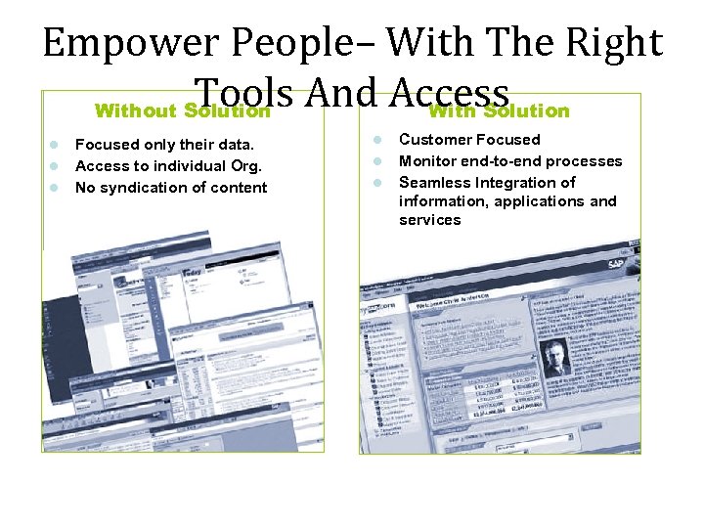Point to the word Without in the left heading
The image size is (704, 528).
click(x=136, y=110)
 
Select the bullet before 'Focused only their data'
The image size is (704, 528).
click(x=57, y=145)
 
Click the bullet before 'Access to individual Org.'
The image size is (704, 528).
click(x=57, y=165)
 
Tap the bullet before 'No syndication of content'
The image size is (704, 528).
click(x=57, y=187)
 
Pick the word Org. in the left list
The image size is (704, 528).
click(x=242, y=166)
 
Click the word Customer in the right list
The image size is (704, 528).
click(x=433, y=140)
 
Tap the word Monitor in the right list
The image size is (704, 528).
click(x=428, y=161)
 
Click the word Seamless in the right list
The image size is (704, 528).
click(x=434, y=183)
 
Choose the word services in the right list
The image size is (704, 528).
click(x=429, y=220)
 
